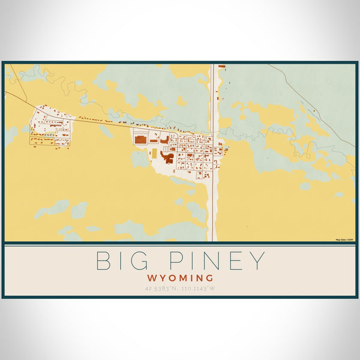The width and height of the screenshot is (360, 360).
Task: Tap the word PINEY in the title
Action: tap(211, 261)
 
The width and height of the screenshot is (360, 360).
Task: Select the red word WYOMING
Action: tap(180, 278)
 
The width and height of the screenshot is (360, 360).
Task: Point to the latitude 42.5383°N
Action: tap(161, 289)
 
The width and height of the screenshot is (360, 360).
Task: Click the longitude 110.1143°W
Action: tap(199, 289)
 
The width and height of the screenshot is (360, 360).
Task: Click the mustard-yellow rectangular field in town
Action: tap(154, 154)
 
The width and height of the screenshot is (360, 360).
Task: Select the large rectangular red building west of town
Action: tap(140, 139)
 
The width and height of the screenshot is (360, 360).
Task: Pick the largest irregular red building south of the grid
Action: tap(166, 157)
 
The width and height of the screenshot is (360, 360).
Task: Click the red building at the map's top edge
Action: tap(221, 65)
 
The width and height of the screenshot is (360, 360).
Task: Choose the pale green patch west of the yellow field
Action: tap(139, 158)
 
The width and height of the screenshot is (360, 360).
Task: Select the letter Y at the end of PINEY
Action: tap(256, 261)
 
